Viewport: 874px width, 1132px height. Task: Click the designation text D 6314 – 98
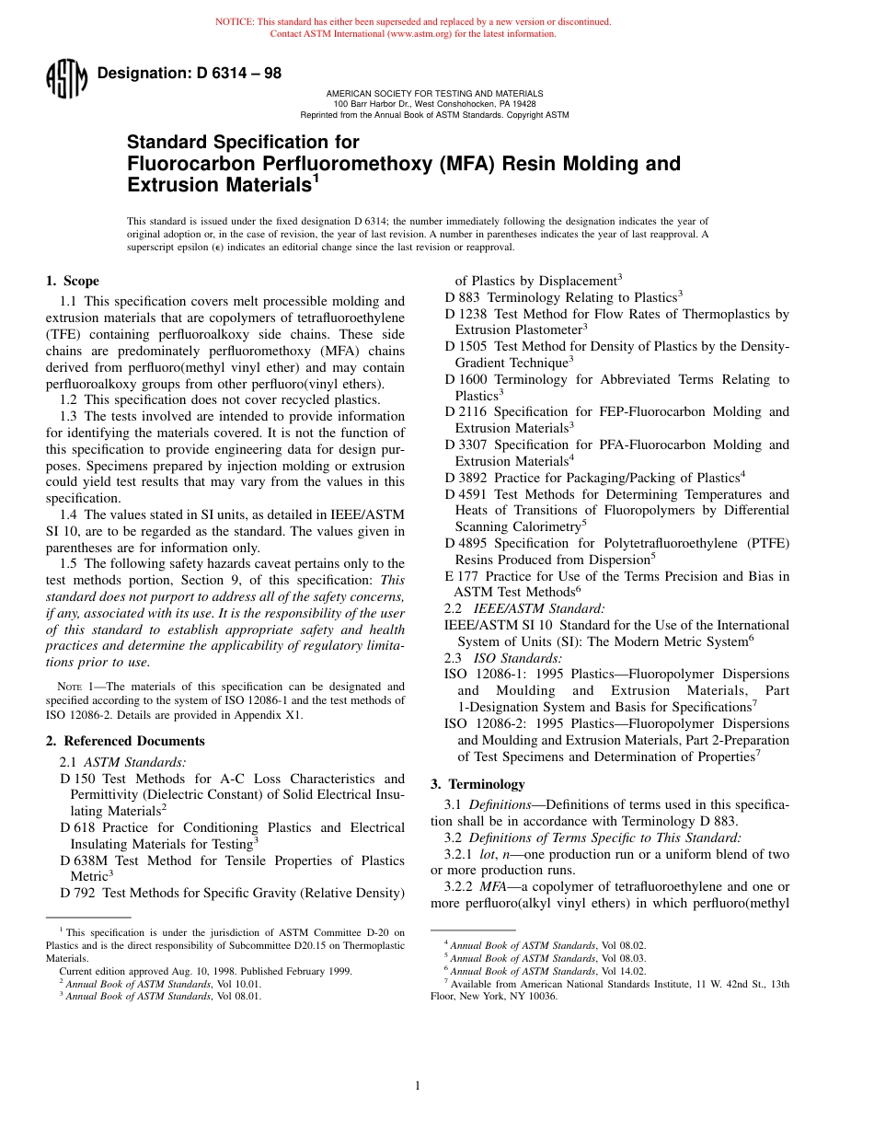pos(190,75)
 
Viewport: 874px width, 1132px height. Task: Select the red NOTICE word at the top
pos(234,21)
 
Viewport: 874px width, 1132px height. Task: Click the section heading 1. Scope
pos(73,281)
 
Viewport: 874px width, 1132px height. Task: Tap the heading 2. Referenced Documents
pos(125,741)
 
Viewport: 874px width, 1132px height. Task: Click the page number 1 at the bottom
pos(417,1086)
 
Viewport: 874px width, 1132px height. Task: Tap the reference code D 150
pos(78,779)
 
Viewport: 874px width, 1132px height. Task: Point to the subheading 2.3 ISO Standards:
pos(503,658)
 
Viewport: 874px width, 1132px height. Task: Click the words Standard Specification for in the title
pos(243,142)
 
